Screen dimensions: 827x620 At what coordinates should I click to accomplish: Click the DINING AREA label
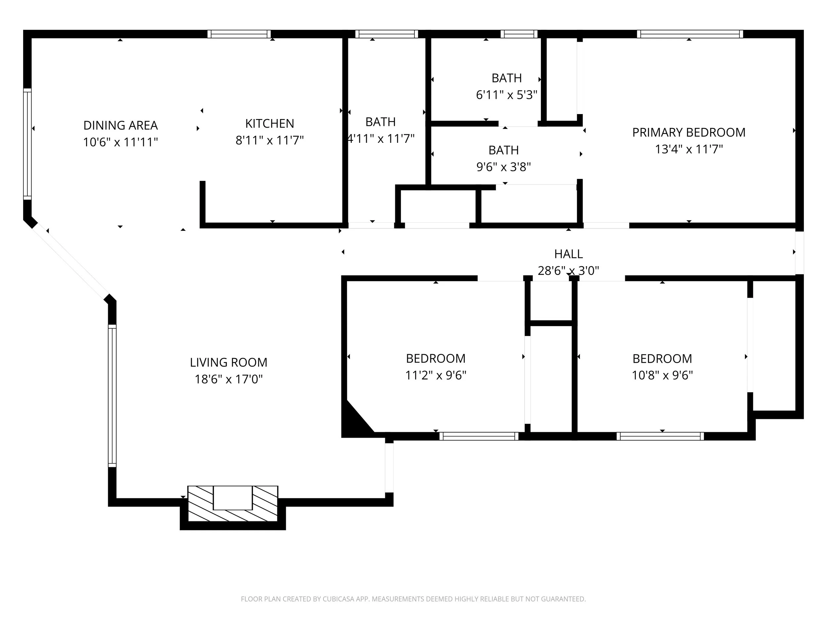120,125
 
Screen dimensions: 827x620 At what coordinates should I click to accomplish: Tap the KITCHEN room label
270,123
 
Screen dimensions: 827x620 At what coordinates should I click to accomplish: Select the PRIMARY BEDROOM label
689,132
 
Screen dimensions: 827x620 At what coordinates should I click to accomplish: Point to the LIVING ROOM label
229,362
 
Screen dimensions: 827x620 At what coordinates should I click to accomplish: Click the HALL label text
568,254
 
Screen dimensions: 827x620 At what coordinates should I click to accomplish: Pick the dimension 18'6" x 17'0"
229,379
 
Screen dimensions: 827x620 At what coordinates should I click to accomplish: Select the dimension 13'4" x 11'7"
689,149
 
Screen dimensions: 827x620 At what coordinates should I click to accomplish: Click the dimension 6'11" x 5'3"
506,95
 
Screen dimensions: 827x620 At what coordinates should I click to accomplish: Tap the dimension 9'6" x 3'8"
503,167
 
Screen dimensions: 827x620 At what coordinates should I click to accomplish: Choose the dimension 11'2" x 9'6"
436,375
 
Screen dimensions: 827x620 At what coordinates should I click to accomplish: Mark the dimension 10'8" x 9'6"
662,375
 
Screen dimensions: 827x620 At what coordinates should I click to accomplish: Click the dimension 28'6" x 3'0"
568,270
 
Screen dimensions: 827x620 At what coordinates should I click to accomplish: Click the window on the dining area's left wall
27,144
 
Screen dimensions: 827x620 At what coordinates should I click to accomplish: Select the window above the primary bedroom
690,34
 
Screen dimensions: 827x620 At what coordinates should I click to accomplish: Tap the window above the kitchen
239,34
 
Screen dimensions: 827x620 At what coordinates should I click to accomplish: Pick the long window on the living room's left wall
112,396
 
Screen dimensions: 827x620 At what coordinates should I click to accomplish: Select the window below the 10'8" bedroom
660,436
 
